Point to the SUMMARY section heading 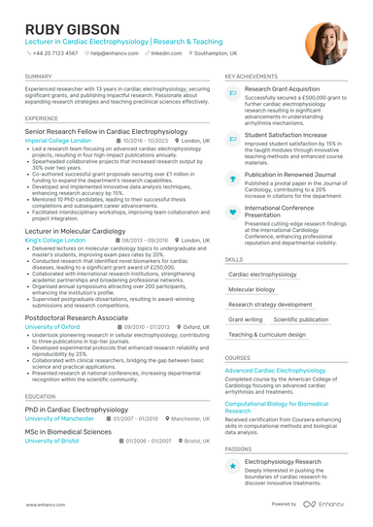[x=39, y=76]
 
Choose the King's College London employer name [x=54, y=239]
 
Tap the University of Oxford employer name [x=52, y=327]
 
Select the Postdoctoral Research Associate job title [x=77, y=317]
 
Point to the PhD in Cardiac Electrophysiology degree [x=77, y=410]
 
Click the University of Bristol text [x=52, y=441]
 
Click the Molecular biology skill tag [x=252, y=289]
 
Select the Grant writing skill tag [x=246, y=319]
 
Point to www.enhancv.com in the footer [x=45, y=506]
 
